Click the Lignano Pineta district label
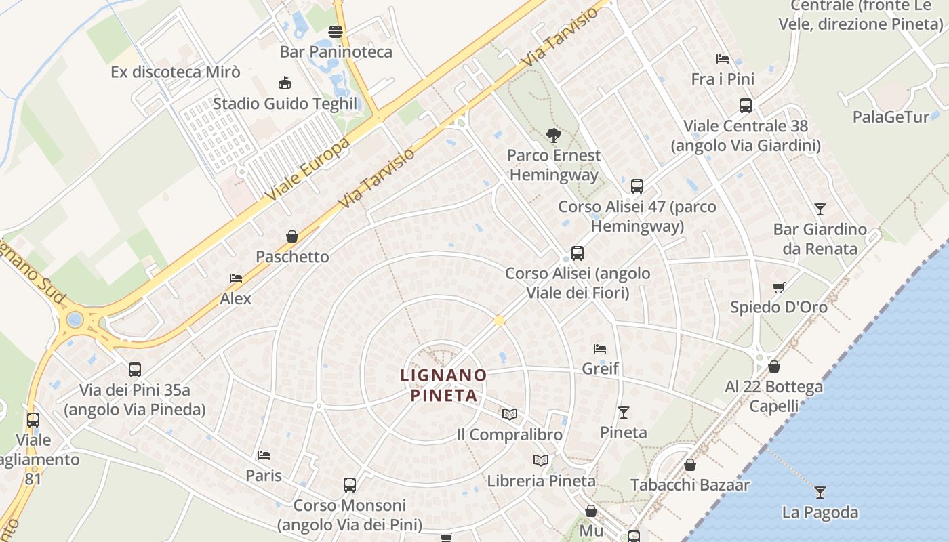pyautogui.click(x=443, y=385)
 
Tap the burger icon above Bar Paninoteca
pyautogui.click(x=336, y=31)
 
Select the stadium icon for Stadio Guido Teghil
pyautogui.click(x=285, y=83)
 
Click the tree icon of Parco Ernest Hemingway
pyautogui.click(x=554, y=135)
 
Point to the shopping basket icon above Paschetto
pyautogui.click(x=292, y=236)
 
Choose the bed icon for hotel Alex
pyautogui.click(x=236, y=278)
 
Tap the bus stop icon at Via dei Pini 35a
pyautogui.click(x=135, y=370)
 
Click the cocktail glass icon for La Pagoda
pyautogui.click(x=820, y=492)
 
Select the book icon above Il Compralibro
pyautogui.click(x=510, y=414)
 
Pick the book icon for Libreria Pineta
pyautogui.click(x=541, y=461)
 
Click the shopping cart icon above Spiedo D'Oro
pyautogui.click(x=779, y=287)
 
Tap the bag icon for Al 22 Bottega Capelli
pyautogui.click(x=774, y=367)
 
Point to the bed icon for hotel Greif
pyautogui.click(x=600, y=349)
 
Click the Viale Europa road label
pyautogui.click(x=308, y=169)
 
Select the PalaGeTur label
pyautogui.click(x=891, y=117)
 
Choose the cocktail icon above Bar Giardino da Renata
pyautogui.click(x=820, y=209)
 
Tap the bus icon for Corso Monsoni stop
pyautogui.click(x=350, y=485)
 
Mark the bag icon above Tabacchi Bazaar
pyautogui.click(x=690, y=465)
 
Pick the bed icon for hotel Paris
pyautogui.click(x=264, y=455)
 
